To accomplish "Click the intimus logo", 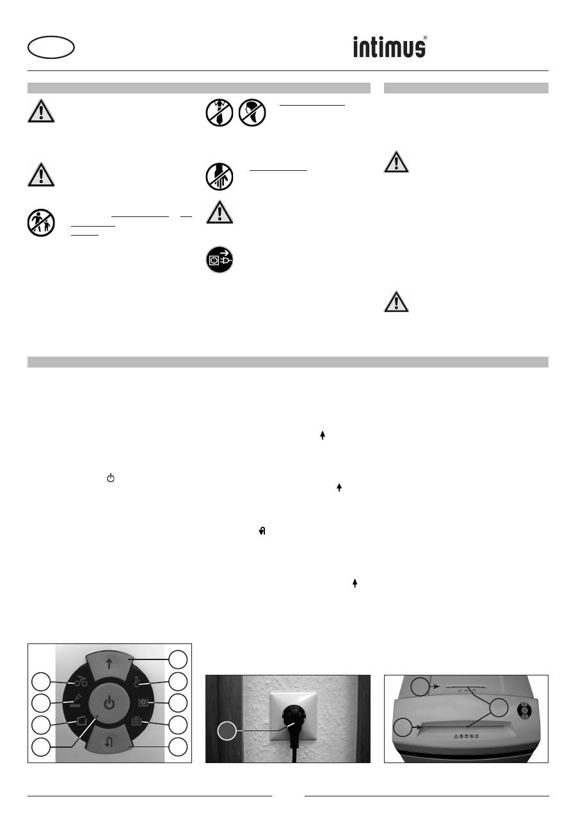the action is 390,47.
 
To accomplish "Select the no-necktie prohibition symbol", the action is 220,113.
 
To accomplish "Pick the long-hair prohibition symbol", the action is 252,113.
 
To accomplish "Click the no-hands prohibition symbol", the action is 220,177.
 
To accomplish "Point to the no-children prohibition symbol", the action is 41,222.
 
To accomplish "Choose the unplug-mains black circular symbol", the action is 220,260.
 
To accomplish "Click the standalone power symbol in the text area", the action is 111,478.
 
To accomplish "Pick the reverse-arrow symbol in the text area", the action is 262,531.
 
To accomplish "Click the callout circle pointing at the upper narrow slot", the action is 420,686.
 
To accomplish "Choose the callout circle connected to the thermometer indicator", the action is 178,681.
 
